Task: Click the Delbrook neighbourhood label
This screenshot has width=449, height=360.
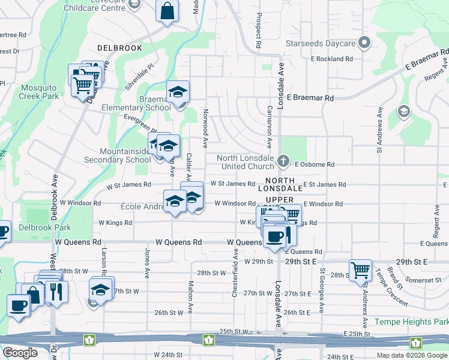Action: pyautogui.click(x=119, y=47)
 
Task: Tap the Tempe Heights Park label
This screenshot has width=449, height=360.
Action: pyautogui.click(x=411, y=322)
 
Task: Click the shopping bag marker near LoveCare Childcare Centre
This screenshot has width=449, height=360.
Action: pyautogui.click(x=167, y=10)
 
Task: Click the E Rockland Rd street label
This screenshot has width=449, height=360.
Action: pyautogui.click(x=331, y=59)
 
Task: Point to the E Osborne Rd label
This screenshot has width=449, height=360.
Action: pyautogui.click(x=313, y=164)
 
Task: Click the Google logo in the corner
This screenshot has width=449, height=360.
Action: pyautogui.click(x=20, y=352)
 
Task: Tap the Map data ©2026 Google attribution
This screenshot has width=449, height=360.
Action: pyautogui.click(x=411, y=355)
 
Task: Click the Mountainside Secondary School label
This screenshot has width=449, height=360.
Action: pyautogui.click(x=117, y=156)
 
